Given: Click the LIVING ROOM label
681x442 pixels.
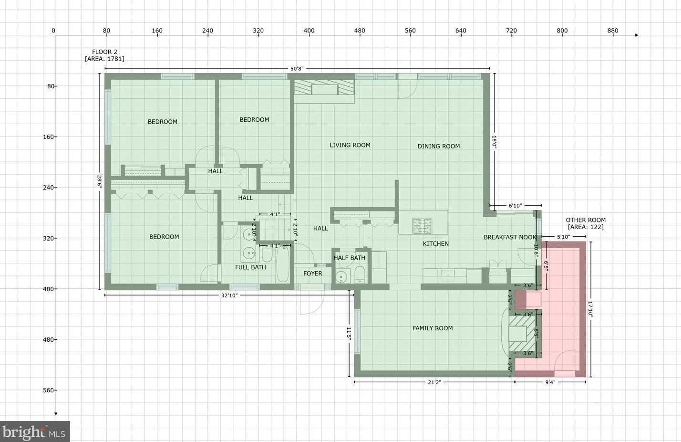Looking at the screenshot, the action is pos(350,145).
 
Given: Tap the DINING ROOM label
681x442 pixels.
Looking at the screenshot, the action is pos(438,147).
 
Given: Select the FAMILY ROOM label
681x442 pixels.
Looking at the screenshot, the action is pos(433,328).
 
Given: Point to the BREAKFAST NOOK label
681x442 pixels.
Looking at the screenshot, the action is pos(510,237).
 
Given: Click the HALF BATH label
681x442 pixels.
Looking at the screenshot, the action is pos(349,258).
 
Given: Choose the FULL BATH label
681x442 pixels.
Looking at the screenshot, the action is pos(250,267).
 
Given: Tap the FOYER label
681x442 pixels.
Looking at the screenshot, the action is pos(312,274).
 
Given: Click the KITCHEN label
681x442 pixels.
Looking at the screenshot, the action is pos(436,243).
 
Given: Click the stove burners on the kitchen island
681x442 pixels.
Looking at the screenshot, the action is pos(422,226).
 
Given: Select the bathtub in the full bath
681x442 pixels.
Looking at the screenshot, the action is pos(282,264).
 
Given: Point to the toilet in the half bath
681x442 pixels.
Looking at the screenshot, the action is pos(360,274).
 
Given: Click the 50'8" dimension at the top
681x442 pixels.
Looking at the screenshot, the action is pos(297,69).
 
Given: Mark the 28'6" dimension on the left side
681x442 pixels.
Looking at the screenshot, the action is pos(99,181).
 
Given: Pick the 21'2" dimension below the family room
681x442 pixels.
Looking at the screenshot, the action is pos(434,382).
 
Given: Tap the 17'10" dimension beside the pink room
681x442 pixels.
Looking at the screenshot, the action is pos(590,310).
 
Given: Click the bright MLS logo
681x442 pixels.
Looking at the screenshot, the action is pos(35,431).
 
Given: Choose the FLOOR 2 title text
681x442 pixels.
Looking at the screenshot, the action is pos(104,52).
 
